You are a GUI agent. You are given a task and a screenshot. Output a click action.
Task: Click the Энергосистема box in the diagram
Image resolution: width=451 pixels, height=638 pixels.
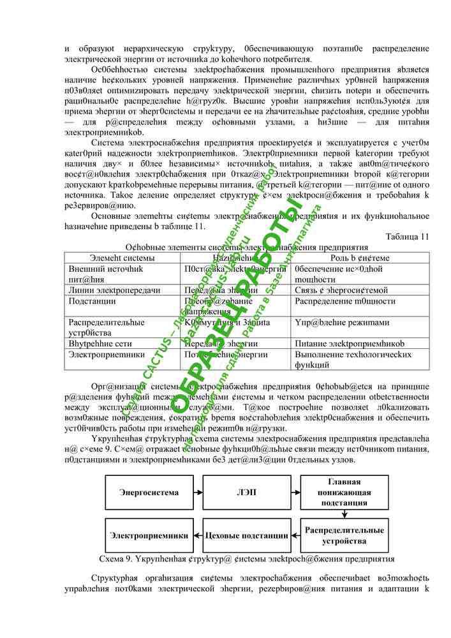point(149,493)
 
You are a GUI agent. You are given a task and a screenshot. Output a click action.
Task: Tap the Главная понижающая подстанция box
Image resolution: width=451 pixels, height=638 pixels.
point(344,493)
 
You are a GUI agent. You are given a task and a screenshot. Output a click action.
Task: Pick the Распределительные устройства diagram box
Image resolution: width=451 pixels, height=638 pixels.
point(344,535)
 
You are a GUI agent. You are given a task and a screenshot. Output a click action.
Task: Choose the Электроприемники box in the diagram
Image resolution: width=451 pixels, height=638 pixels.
point(149,535)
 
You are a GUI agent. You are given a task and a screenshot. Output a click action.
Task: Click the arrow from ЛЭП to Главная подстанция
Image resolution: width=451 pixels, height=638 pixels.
point(293,493)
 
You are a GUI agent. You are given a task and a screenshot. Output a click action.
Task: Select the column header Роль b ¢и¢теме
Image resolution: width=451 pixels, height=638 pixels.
point(360,258)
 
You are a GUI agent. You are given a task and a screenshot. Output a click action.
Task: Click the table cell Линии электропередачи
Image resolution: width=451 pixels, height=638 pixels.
point(114,290)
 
